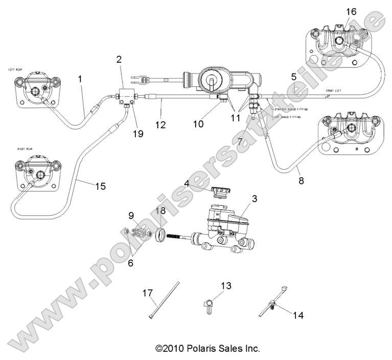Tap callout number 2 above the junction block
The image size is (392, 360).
(119, 59)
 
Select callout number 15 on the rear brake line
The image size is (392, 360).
(100, 186)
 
